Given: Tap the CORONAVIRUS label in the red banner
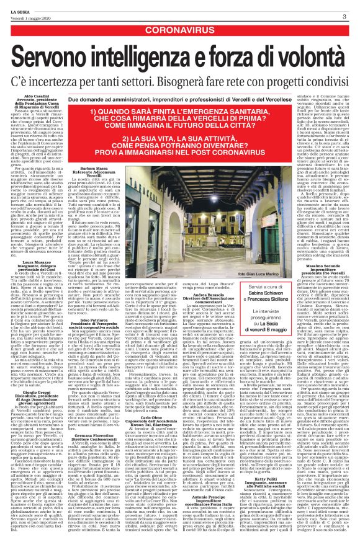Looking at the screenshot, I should click(x=180, y=29).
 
